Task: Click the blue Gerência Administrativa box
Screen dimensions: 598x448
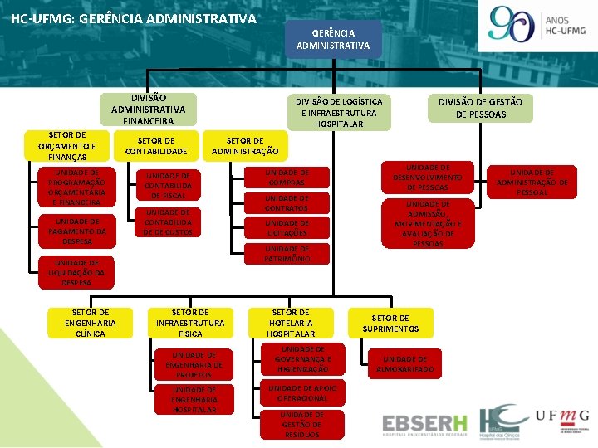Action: (333, 39)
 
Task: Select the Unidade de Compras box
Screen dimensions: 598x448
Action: (287, 178)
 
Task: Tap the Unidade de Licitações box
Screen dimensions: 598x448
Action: (287, 228)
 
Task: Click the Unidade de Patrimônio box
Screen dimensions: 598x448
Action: (287, 254)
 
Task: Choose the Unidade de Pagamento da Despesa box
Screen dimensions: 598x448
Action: (76, 231)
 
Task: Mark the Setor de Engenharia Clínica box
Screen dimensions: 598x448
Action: (90, 323)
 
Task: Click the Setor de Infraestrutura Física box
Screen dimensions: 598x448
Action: (189, 323)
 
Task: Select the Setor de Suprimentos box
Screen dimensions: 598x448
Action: (390, 323)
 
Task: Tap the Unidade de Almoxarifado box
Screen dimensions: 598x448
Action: (404, 363)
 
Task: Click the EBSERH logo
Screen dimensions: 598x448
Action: (424, 424)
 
